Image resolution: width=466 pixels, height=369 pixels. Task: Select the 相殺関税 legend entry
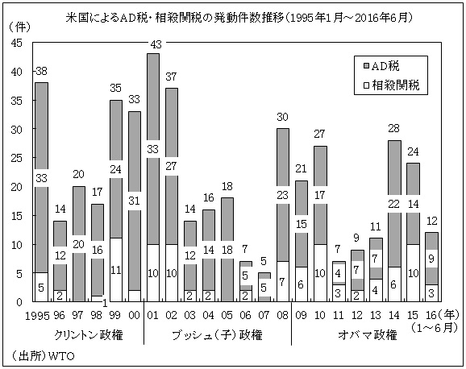pyautogui.click(x=396, y=82)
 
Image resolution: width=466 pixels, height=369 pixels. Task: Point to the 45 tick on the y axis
pyautogui.click(x=17, y=43)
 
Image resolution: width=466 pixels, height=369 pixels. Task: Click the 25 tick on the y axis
pyautogui.click(x=17, y=158)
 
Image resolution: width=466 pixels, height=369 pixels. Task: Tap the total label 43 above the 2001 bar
pyautogui.click(x=152, y=44)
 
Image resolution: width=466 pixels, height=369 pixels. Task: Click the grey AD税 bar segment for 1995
pyautogui.click(x=42, y=145)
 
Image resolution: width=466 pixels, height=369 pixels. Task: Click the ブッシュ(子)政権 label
pyautogui.click(x=218, y=333)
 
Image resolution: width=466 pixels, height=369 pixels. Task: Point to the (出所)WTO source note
pyautogui.click(x=40, y=354)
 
